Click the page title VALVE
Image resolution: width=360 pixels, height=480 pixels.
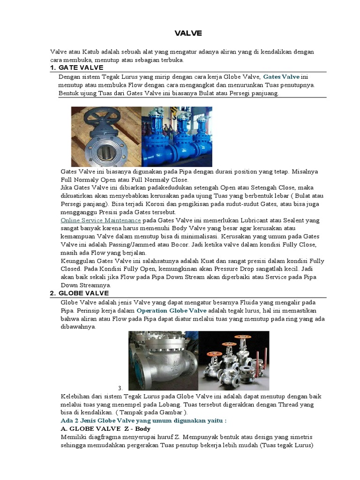click(188, 33)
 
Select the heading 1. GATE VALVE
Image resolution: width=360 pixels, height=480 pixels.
click(76, 68)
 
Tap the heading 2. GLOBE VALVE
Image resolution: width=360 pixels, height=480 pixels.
click(79, 293)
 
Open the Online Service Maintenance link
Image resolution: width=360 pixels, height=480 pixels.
click(101, 220)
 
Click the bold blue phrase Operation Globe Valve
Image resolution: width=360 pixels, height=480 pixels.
click(171, 310)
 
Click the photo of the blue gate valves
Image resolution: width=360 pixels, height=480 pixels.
click(177, 136)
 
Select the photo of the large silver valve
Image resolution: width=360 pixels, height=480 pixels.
click(163, 360)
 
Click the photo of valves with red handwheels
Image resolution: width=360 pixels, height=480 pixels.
click(233, 360)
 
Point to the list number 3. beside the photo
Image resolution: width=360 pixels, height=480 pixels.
click(120, 388)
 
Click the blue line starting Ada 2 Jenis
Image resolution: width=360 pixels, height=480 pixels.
click(143, 420)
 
